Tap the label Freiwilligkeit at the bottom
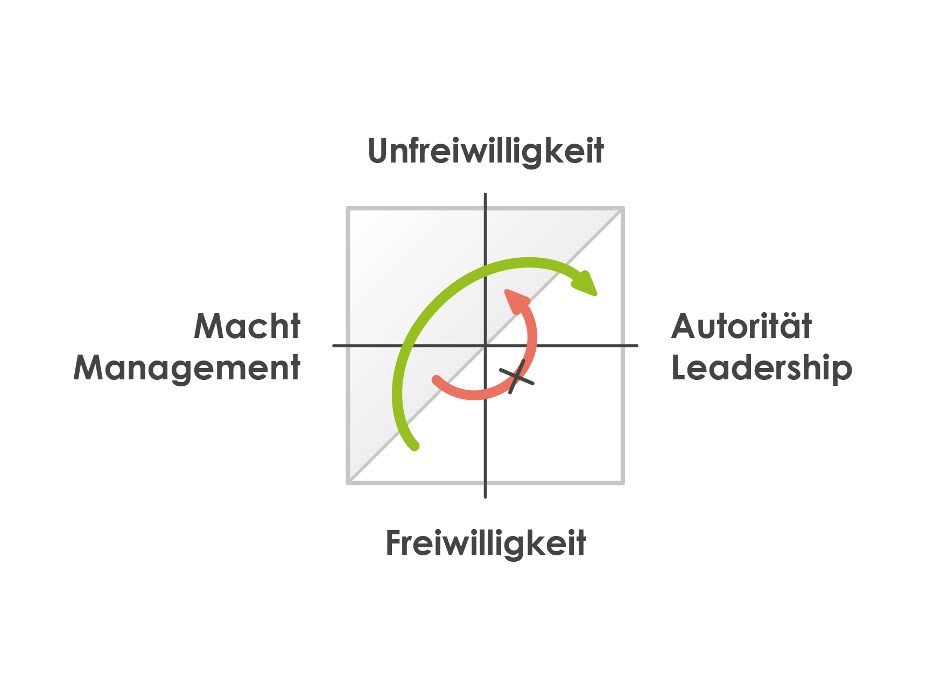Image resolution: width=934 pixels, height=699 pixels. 486,544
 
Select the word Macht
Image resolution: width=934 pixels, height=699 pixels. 247,326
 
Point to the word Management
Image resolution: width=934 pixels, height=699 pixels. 187,369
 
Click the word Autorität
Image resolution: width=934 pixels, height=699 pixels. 741,326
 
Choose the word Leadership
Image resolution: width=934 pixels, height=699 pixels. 762,368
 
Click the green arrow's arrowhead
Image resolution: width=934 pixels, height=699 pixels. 586,283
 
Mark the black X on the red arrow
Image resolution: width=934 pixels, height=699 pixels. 517,377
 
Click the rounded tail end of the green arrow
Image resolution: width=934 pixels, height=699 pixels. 415,445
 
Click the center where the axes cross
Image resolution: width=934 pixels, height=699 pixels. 485,345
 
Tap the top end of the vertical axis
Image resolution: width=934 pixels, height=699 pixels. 485,194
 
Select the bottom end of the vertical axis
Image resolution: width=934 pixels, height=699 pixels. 485,497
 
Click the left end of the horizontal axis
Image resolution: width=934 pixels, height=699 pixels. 334,345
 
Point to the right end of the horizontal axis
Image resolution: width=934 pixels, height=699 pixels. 637,345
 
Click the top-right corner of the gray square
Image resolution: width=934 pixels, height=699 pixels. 623,208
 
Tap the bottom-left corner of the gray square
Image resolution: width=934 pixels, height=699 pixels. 348,483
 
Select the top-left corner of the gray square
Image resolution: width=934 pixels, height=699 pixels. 348,208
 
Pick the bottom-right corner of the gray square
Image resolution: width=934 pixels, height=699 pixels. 623,483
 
